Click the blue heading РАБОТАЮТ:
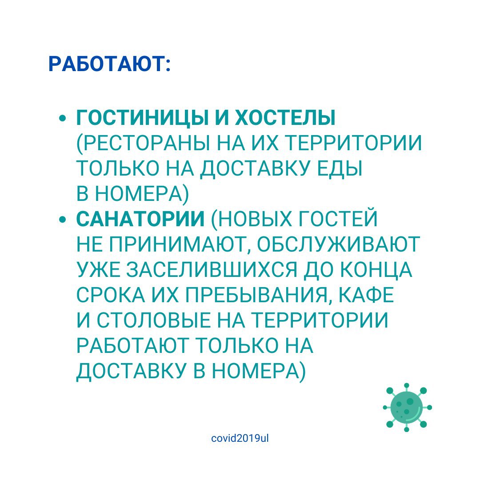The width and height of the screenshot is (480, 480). point(109,64)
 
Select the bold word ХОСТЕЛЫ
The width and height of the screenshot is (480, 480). point(285,117)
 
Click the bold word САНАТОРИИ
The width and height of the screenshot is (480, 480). point(140,219)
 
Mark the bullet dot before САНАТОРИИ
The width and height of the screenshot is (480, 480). point(63,220)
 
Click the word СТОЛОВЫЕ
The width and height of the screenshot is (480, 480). point(154,321)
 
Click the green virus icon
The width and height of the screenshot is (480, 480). point(407,408)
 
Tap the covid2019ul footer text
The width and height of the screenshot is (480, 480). point(240,438)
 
